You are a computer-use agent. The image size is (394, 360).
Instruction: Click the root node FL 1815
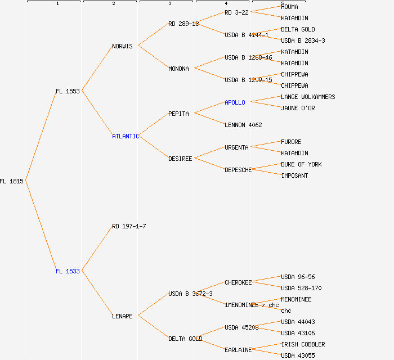pyautogui.click(x=12, y=181)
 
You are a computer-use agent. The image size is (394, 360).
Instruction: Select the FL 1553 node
pyautogui.click(x=68, y=91)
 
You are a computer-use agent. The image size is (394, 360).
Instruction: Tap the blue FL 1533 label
pyautogui.click(x=68, y=271)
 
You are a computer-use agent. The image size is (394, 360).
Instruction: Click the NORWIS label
pyautogui.click(x=122, y=46)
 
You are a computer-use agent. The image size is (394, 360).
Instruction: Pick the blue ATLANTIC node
pyautogui.click(x=125, y=136)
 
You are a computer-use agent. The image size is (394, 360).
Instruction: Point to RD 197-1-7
pyautogui.click(x=129, y=226)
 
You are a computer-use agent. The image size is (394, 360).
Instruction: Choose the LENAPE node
pyautogui.click(x=122, y=316)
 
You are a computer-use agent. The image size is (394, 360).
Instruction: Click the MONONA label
pyautogui.click(x=178, y=69)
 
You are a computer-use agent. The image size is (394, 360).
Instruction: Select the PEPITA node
pyautogui.click(x=178, y=114)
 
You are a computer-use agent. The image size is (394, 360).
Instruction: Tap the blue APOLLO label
pyautogui.click(x=235, y=102)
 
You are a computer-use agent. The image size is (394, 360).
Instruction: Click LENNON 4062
pyautogui.click(x=243, y=125)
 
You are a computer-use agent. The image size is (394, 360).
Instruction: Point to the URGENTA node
pyautogui.click(x=236, y=147)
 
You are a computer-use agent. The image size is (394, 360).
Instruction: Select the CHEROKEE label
pyautogui.click(x=238, y=282)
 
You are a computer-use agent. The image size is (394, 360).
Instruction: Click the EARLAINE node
pyautogui.click(x=238, y=350)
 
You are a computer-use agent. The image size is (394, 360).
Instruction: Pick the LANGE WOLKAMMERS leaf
pyautogui.click(x=308, y=97)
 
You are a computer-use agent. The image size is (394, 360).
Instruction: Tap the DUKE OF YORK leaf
pyautogui.click(x=301, y=164)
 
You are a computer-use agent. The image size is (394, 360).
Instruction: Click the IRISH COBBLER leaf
pyautogui.click(x=303, y=344)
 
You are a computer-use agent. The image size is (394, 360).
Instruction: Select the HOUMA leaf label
pyautogui.click(x=289, y=7)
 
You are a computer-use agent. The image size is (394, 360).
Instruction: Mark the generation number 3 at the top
pyautogui.click(x=169, y=4)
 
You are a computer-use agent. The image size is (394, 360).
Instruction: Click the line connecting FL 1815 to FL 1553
pyautogui.click(x=41, y=136)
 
